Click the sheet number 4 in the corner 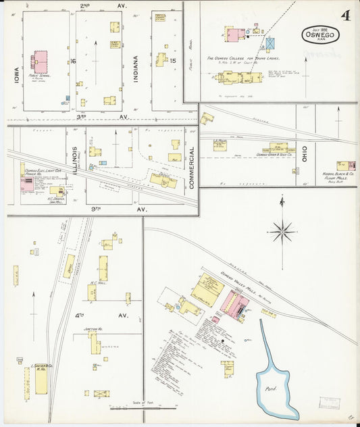coord(345,16)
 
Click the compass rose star coord(282,231)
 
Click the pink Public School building coord(40,61)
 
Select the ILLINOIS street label coord(77,160)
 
